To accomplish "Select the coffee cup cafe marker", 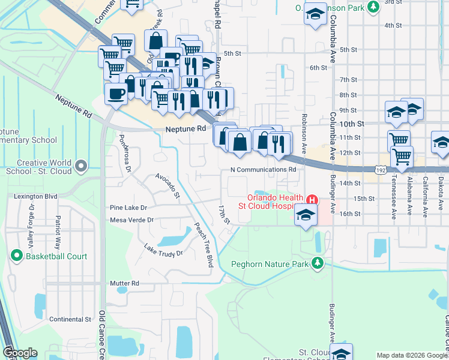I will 115,93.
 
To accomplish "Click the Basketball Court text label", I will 56,256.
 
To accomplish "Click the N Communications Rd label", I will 264,170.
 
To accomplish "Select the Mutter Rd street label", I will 124,283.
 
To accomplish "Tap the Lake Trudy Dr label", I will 163,249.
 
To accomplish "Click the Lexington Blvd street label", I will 35,196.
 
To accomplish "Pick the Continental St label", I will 70,319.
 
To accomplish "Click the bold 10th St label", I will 352,124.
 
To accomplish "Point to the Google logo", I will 20,353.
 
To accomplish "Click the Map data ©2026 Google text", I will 411,355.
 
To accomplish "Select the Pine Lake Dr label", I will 128,208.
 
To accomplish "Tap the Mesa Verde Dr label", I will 131,220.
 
